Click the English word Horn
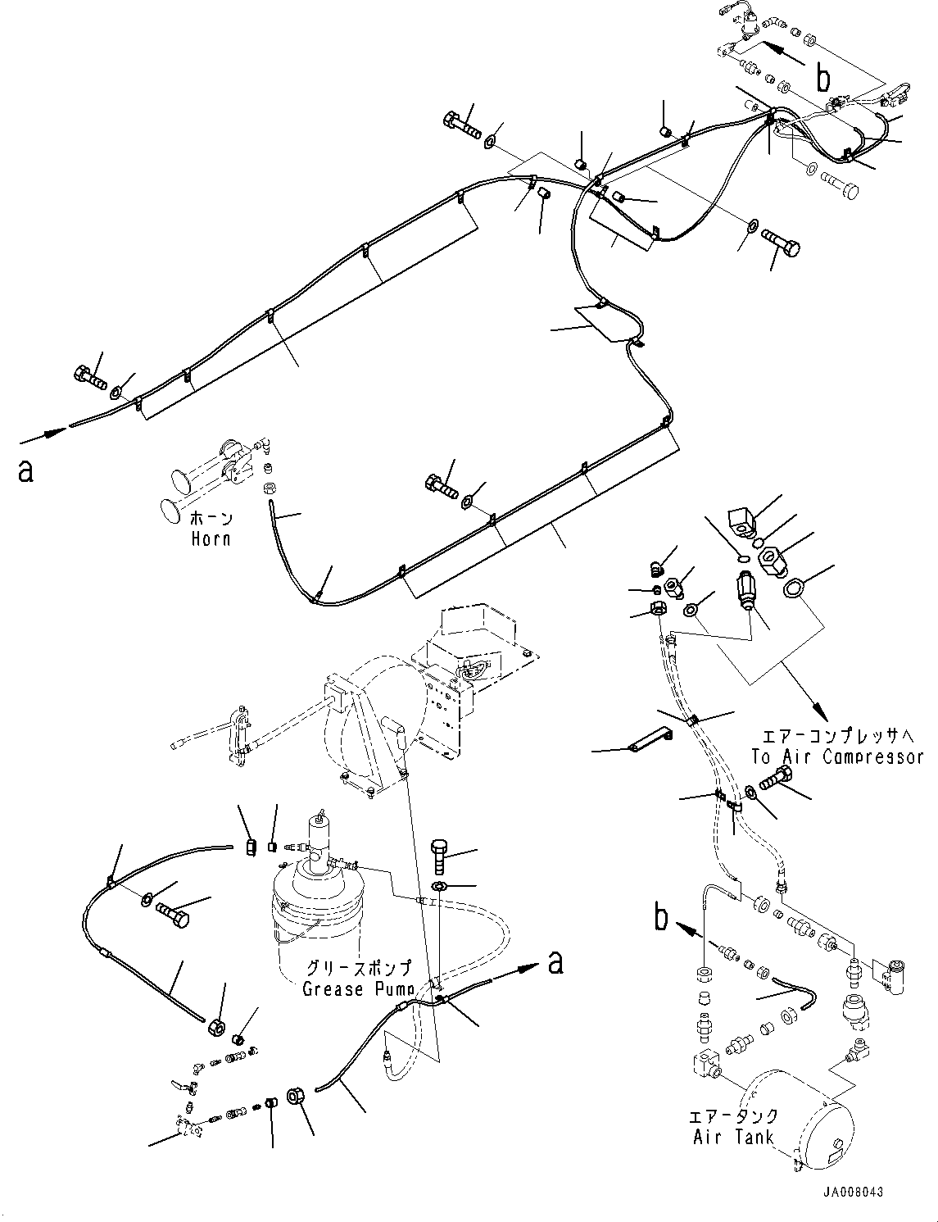(211, 538)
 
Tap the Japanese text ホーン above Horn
(211, 519)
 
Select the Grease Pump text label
(356, 988)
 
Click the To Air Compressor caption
(837, 756)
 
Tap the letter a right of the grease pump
(555, 962)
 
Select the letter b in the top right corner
(823, 78)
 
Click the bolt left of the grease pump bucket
(173, 912)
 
